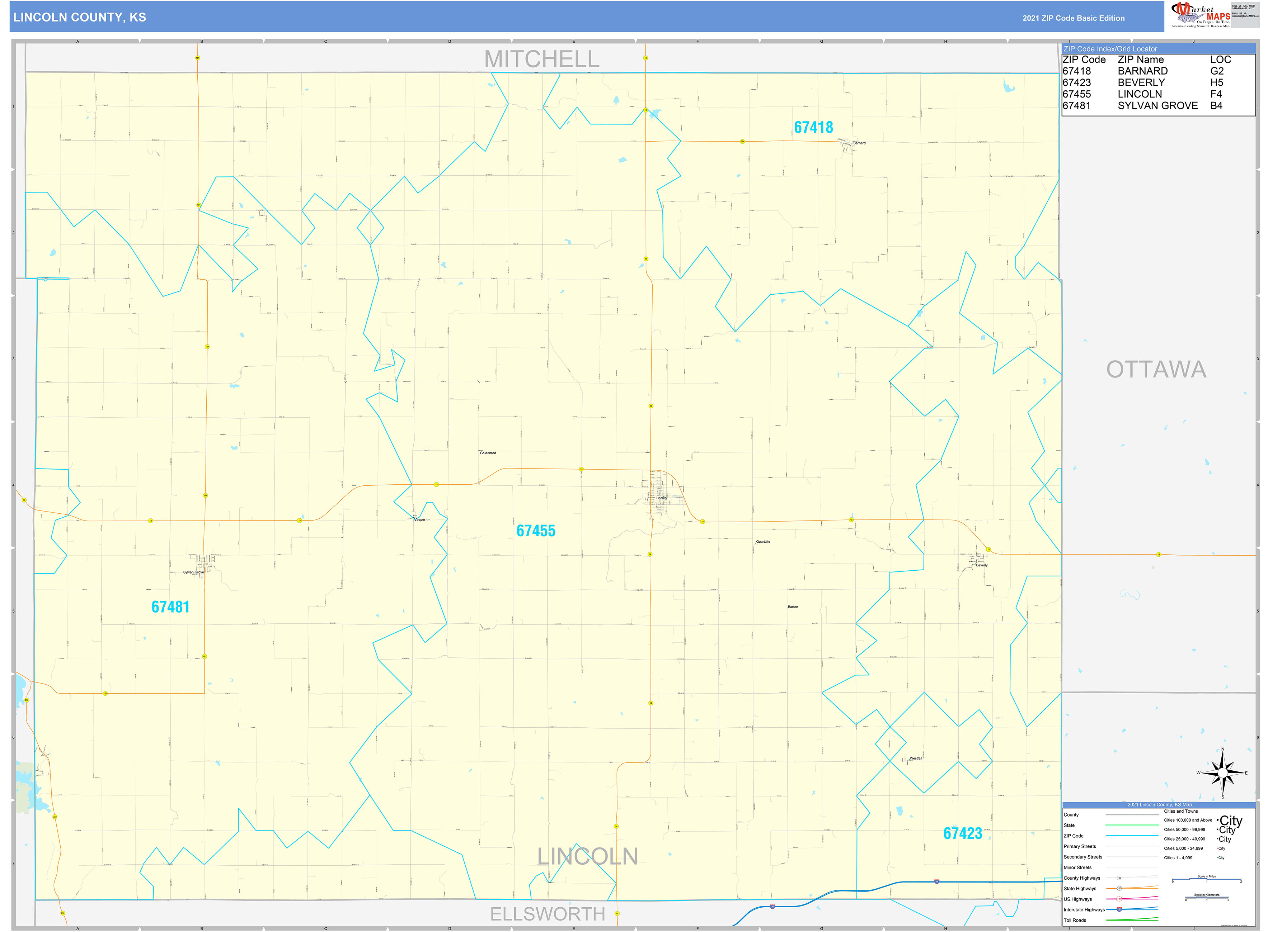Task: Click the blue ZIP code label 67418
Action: (813, 128)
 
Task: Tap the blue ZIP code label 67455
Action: (536, 531)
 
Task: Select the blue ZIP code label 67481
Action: (170, 607)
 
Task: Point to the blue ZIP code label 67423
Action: (963, 833)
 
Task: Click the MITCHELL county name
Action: (541, 59)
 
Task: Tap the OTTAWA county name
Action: (1156, 370)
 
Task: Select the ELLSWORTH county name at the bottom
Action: (547, 913)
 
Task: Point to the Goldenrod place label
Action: (488, 453)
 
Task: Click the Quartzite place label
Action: (763, 542)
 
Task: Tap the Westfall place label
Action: (916, 758)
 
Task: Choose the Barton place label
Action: (793, 607)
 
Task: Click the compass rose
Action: (1222, 773)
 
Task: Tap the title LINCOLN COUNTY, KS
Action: (80, 18)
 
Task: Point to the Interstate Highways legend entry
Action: (1084, 909)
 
